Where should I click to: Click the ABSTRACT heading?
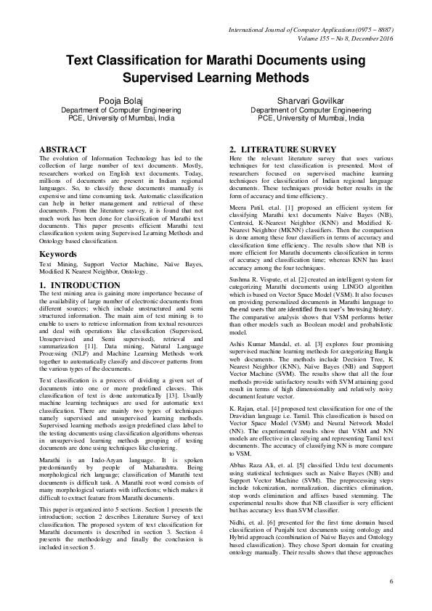(x=62, y=149)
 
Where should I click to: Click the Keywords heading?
(x=58, y=255)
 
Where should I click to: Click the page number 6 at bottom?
(x=391, y=582)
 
